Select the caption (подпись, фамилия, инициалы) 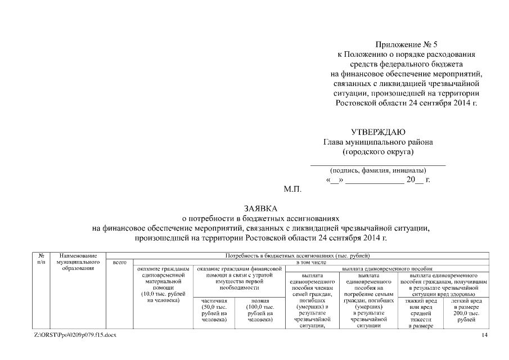378,170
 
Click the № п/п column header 41,259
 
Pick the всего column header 119,262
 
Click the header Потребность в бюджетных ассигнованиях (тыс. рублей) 297,255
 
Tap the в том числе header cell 310,262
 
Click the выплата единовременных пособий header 387,269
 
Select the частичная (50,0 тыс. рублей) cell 214,310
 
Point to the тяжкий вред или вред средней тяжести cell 421,314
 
